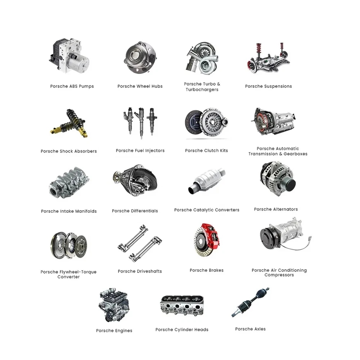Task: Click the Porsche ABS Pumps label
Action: (72, 86)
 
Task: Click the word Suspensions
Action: (278, 86)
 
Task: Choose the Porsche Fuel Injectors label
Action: (140, 151)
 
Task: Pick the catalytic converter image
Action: (206, 182)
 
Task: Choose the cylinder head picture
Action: (181, 306)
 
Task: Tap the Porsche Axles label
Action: (250, 329)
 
